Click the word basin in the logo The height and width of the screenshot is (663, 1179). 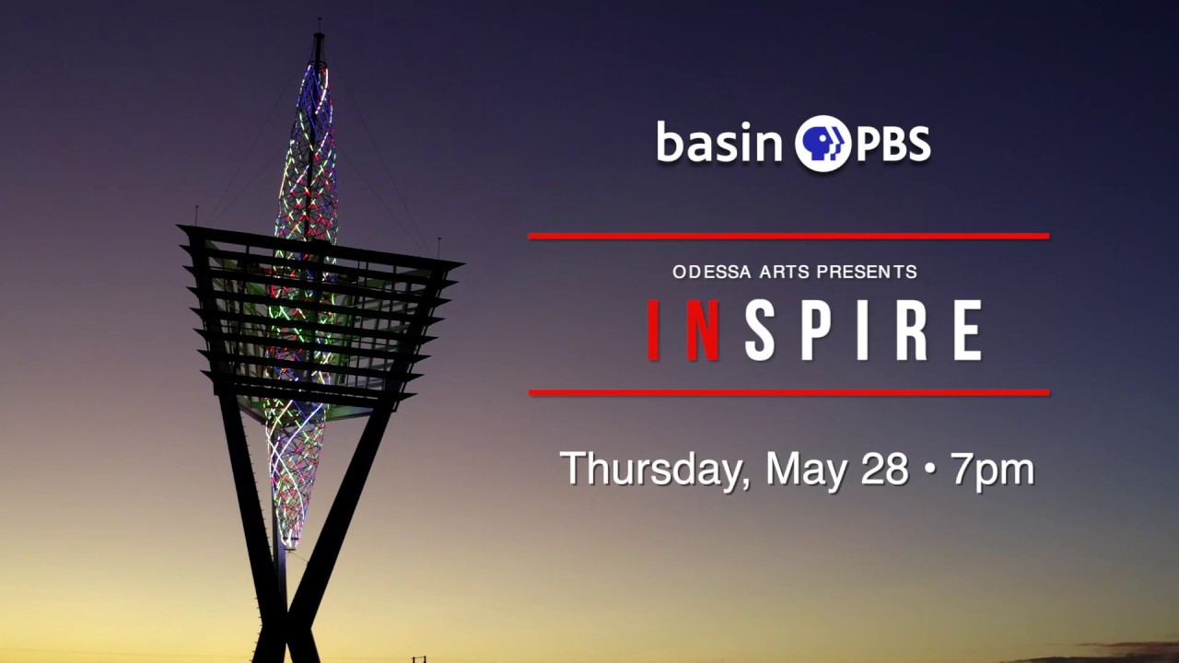(719, 143)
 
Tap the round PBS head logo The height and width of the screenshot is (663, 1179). (823, 144)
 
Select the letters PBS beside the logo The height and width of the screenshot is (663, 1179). (893, 145)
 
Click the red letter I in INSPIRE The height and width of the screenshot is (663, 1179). (655, 330)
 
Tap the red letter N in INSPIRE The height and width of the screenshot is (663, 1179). (703, 330)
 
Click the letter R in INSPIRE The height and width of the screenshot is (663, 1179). (911, 330)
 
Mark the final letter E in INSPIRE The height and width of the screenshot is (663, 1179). (967, 330)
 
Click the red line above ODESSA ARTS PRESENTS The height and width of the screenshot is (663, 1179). (788, 236)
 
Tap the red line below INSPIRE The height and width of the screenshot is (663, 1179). (788, 392)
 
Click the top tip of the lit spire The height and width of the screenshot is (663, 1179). (319, 35)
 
